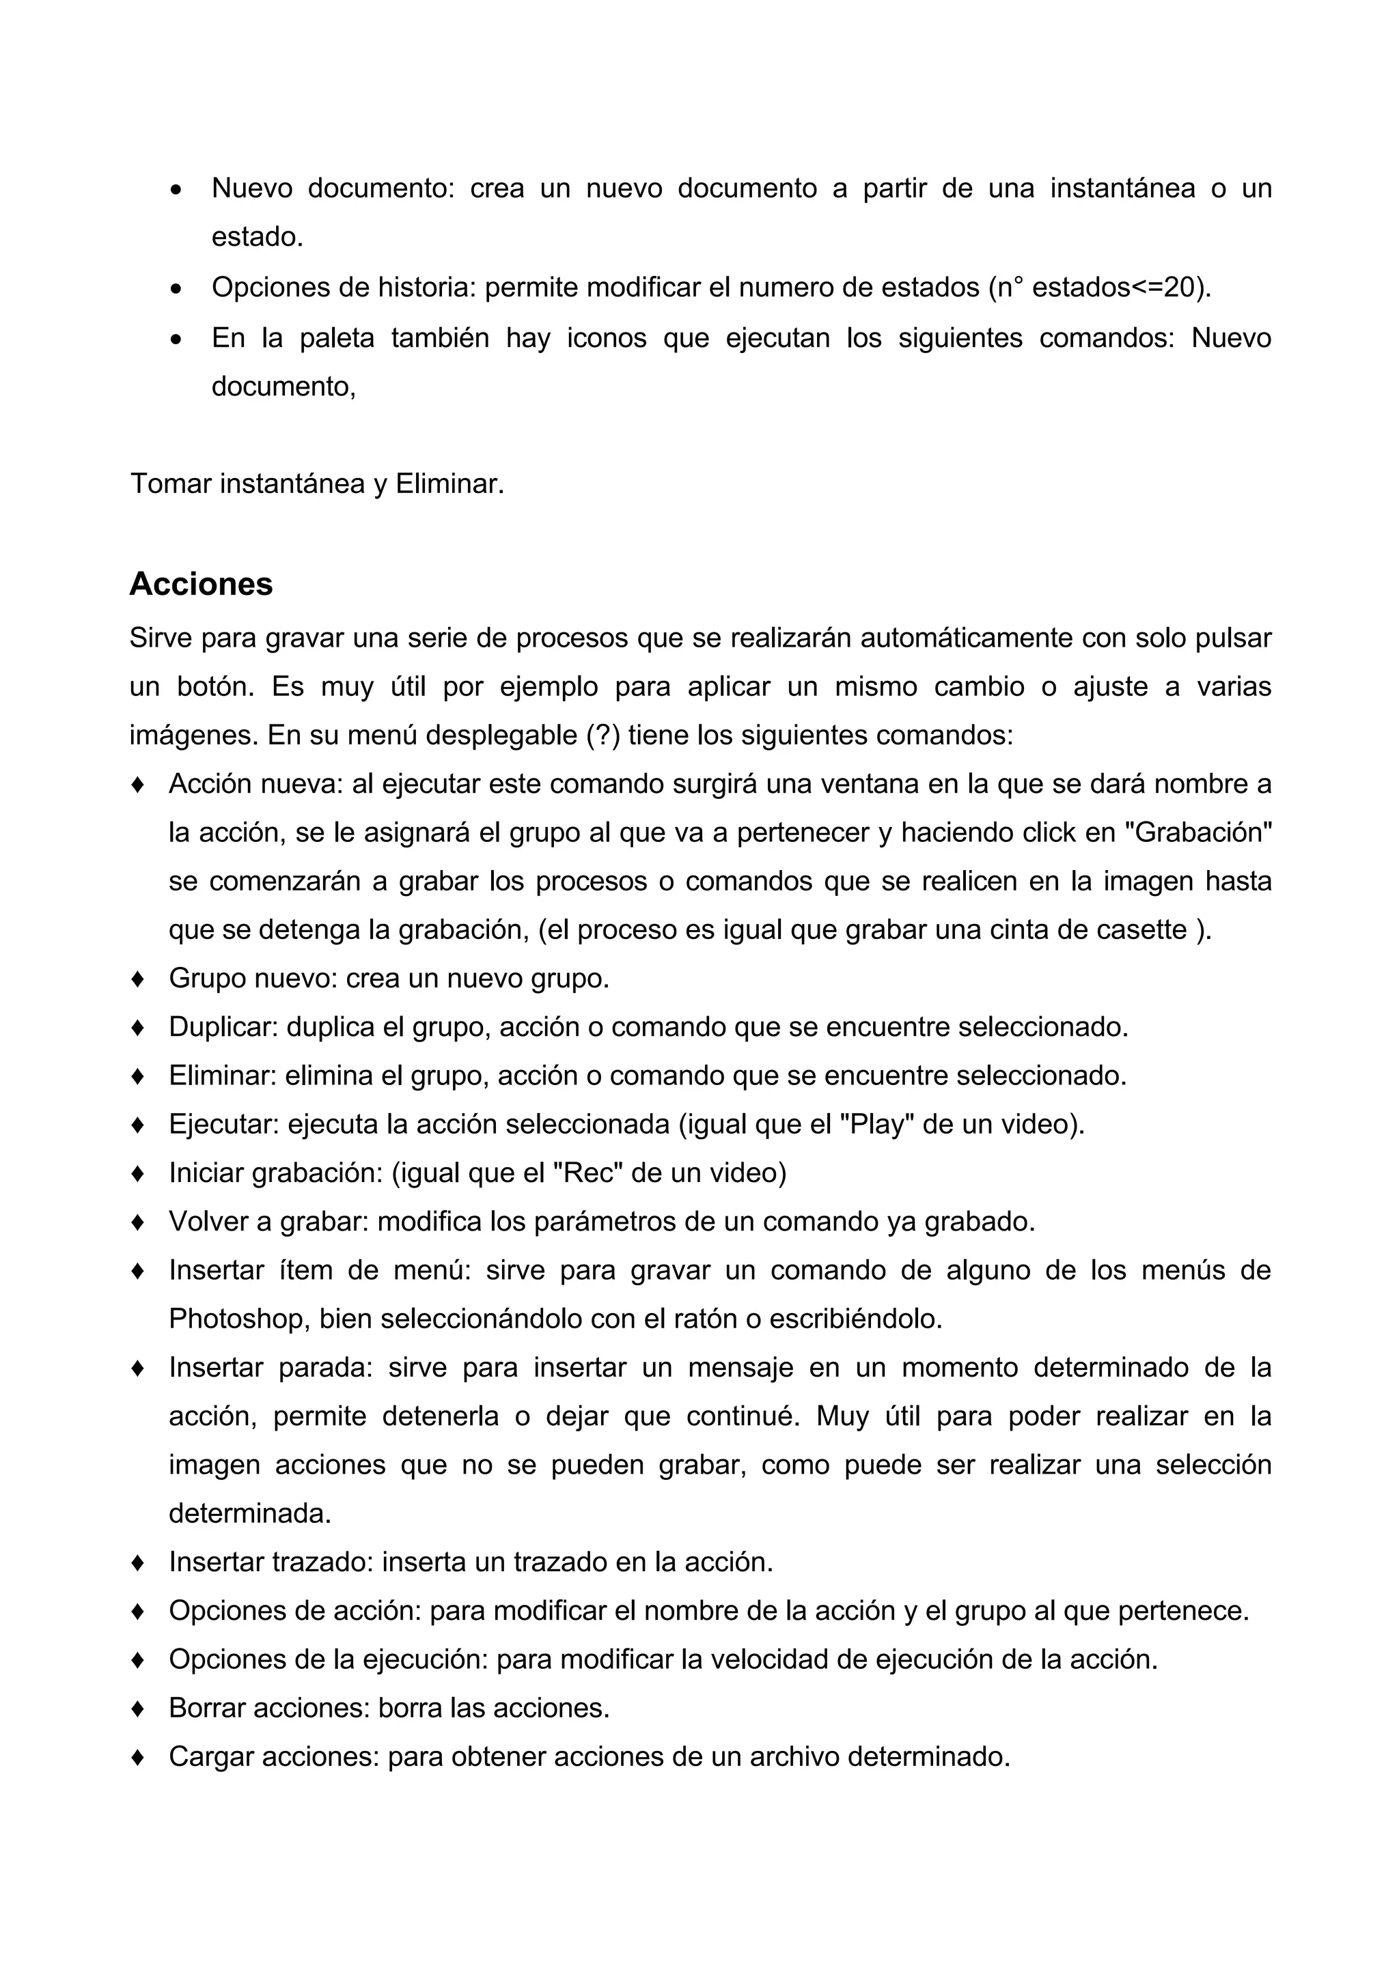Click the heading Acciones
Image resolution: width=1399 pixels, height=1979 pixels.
click(x=201, y=584)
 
